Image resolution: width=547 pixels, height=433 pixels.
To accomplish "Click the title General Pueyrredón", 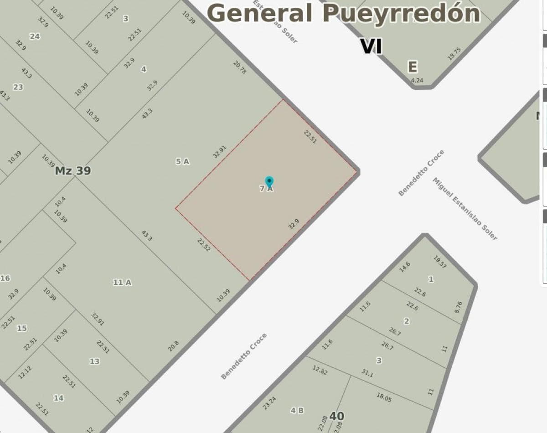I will click(344, 13).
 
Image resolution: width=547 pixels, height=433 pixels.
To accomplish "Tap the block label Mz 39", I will click(72, 170).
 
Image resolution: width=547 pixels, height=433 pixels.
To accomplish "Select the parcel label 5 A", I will click(182, 161).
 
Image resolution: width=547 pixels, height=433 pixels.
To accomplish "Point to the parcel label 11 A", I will click(122, 283).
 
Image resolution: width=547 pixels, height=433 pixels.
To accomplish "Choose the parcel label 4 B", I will click(297, 411).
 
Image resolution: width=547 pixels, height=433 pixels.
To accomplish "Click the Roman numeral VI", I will click(371, 46).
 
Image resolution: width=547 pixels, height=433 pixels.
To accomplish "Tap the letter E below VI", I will click(412, 67).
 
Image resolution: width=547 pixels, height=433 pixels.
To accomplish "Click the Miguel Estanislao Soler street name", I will click(465, 209).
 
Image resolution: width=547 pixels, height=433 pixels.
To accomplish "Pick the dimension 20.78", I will click(240, 67).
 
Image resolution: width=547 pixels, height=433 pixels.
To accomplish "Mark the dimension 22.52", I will click(204, 245).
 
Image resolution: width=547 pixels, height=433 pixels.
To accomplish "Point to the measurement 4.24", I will click(417, 81).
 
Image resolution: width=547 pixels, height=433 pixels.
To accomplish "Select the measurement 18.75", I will click(454, 54).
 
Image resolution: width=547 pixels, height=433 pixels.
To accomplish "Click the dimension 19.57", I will click(440, 262).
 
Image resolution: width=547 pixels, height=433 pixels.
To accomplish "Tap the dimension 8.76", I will click(458, 307).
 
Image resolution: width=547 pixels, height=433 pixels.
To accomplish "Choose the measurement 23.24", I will click(269, 402).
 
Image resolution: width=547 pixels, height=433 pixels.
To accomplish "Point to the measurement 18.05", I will click(384, 397).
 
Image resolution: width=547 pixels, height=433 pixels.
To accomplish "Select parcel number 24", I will click(35, 36).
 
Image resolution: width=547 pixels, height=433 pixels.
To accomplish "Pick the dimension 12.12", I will click(25, 372).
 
